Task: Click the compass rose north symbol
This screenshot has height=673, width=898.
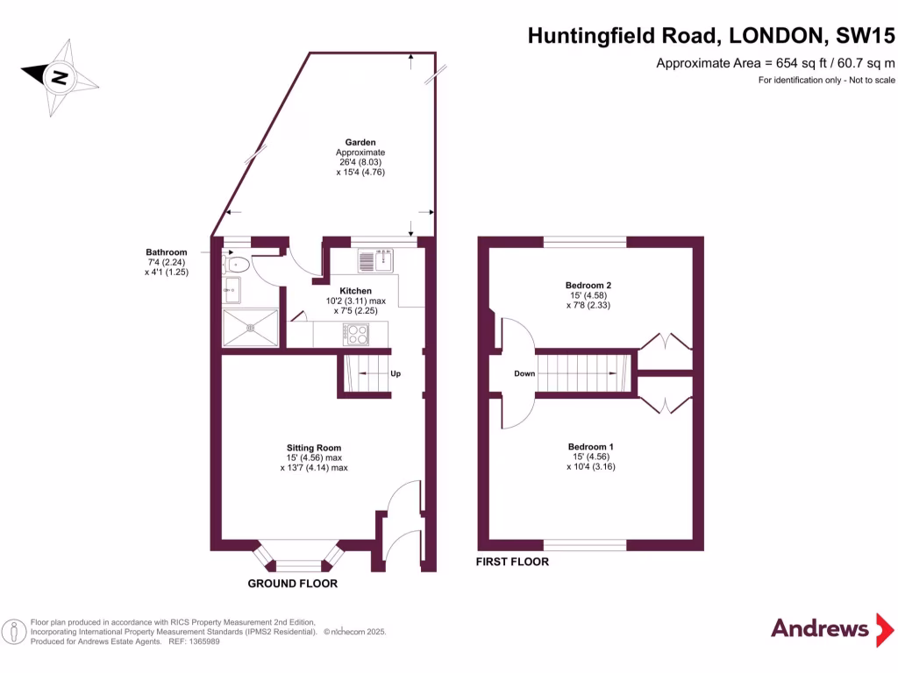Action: pos(60,77)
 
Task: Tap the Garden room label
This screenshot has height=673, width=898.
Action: pos(360,142)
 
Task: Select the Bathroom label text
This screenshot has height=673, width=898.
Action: pos(167,252)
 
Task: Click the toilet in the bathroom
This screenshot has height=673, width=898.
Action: pos(237,263)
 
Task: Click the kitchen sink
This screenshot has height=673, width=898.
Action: pos(378,260)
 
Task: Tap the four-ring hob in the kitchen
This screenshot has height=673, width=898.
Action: pos(358,333)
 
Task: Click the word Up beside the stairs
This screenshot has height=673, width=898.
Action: pos(396,374)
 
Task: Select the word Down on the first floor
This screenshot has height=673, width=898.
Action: pos(524,374)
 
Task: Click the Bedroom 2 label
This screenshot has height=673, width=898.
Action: pos(588,286)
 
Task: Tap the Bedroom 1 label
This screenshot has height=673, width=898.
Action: pos(590,447)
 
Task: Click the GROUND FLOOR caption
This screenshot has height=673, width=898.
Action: pos(292,584)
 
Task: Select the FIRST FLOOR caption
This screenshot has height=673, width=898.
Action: pos(512,562)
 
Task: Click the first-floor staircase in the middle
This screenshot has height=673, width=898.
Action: pos(583,374)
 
